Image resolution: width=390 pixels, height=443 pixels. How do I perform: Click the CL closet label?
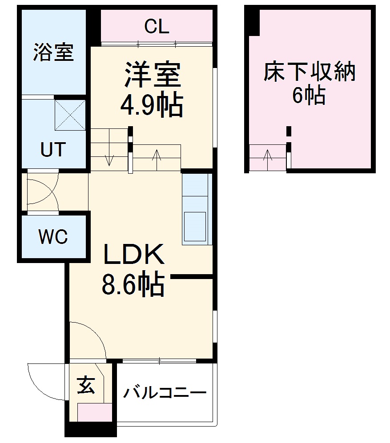tap(157, 28)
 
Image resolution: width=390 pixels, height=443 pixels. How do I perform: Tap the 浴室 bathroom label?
tap(53, 53)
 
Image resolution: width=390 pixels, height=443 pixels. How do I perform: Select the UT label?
tap(53, 150)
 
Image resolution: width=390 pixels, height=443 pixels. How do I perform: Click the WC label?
tap(53, 237)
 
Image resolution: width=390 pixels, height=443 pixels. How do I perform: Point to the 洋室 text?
tap(152, 75)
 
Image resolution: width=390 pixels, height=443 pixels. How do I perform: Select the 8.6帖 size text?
tap(133, 285)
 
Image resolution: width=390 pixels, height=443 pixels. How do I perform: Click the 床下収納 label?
tap(310, 72)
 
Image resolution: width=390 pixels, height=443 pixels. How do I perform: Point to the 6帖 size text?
tap(309, 95)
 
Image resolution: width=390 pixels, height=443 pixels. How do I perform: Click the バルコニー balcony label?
tap(165, 393)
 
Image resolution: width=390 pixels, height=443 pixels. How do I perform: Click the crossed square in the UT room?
tap(70, 115)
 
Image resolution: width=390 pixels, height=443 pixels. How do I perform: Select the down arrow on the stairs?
tap(109, 159)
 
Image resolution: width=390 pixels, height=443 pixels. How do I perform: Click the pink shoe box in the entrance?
tap(95, 413)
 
